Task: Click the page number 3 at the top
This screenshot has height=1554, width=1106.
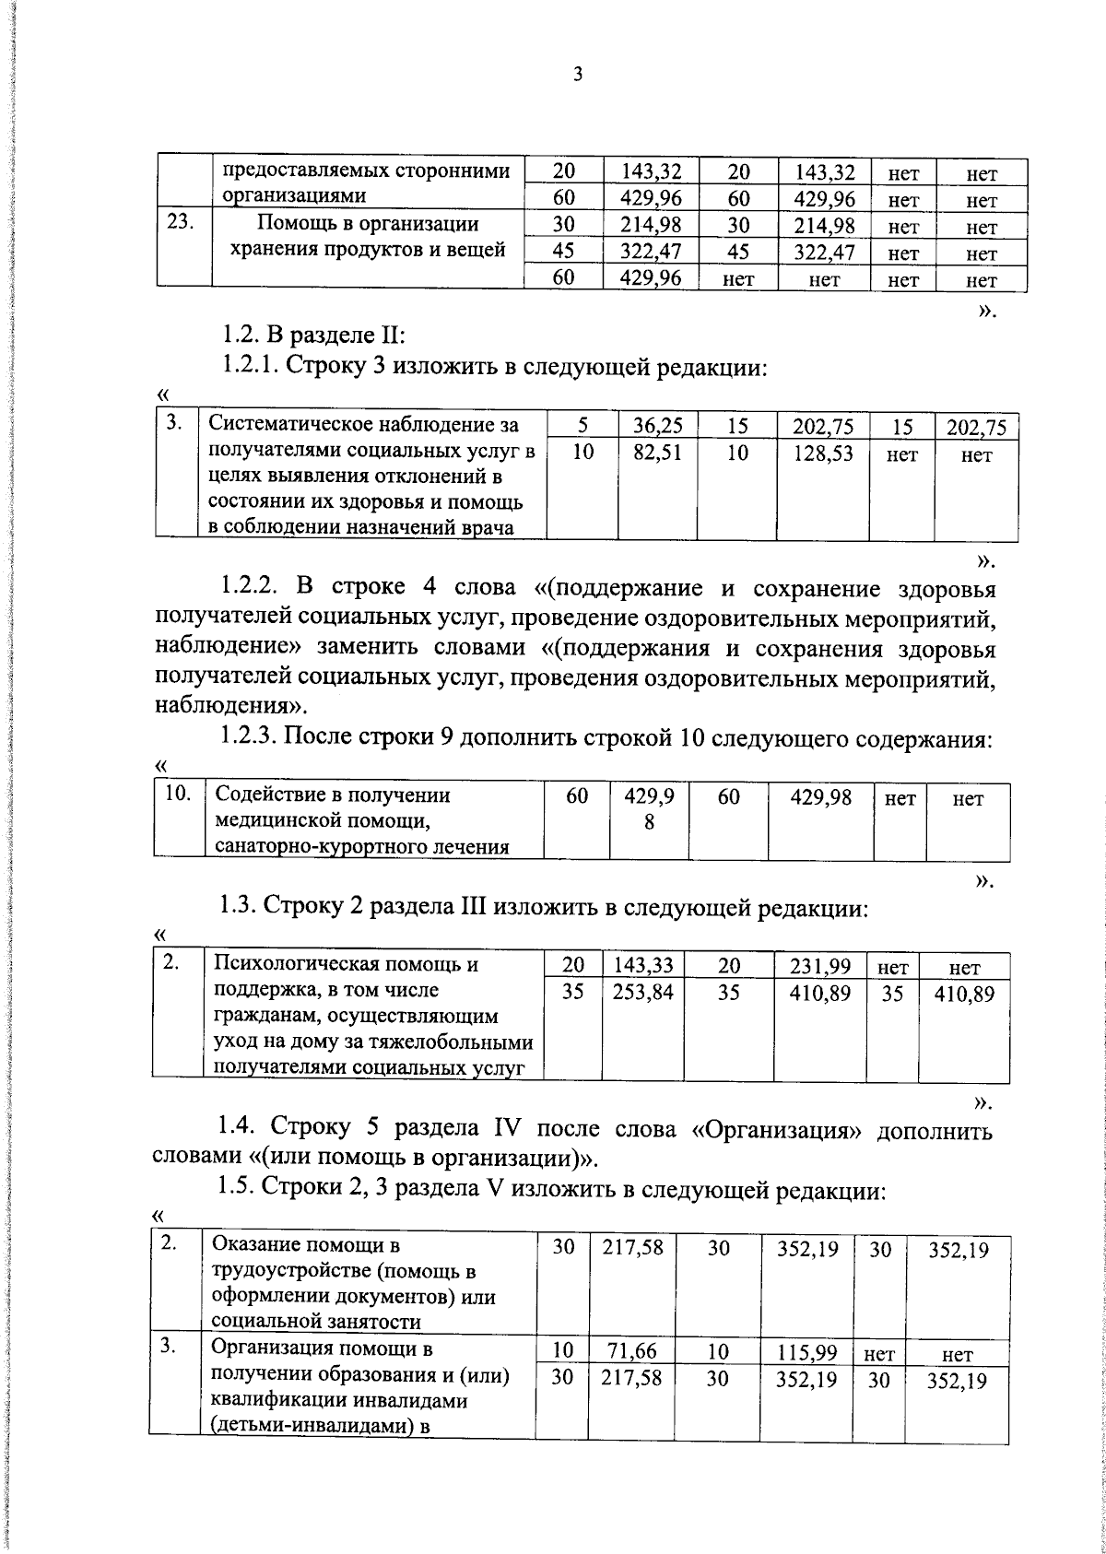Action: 578,76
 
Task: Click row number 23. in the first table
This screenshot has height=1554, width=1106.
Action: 181,223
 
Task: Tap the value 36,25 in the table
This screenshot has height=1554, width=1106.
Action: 658,426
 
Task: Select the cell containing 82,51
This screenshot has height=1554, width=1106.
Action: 658,453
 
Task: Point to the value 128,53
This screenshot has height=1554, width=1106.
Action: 823,453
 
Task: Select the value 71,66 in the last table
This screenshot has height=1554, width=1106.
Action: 632,1351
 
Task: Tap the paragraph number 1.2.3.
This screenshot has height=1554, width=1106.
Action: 248,736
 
